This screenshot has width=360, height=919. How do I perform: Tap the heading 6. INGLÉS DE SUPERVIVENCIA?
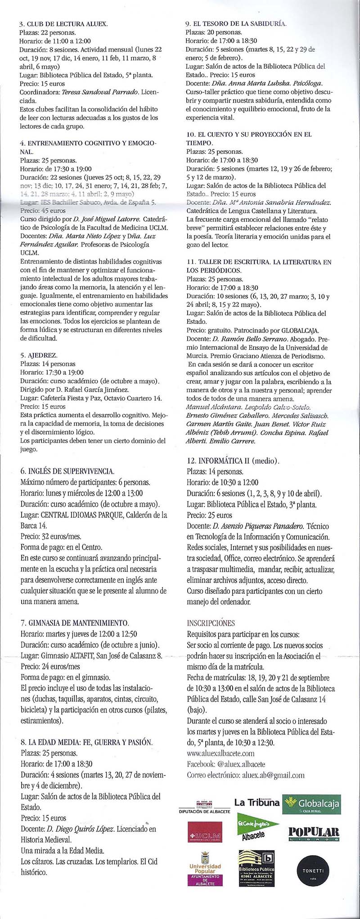67,471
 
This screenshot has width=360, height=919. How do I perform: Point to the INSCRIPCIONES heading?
211,623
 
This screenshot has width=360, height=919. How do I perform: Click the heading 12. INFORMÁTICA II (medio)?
233,461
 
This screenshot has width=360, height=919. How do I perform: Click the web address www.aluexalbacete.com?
220,753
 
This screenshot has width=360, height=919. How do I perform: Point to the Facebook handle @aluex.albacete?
241,764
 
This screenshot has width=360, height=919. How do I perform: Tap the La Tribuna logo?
256,802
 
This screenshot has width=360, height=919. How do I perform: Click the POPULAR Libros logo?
313,833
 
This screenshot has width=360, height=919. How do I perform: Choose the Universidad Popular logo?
205,870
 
